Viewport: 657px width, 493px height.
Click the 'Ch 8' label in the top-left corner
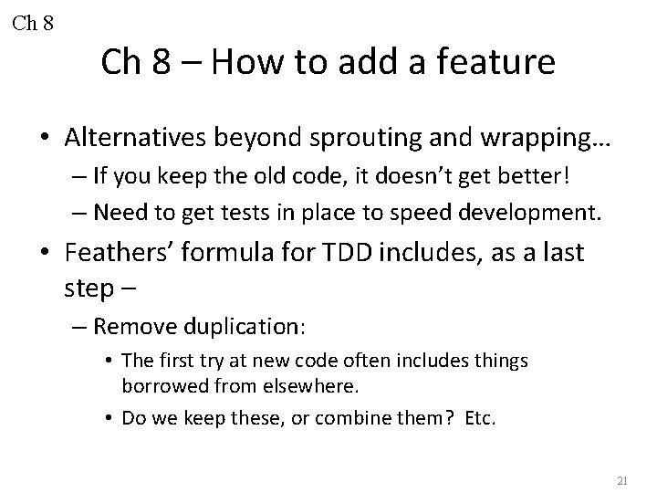34,22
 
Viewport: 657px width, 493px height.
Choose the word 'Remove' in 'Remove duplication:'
129,326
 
